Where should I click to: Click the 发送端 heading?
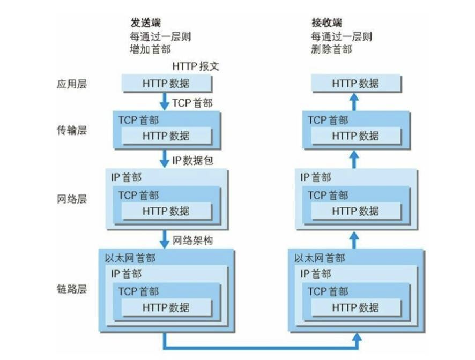pyautogui.click(x=146, y=23)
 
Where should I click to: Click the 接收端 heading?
pyautogui.click(x=326, y=23)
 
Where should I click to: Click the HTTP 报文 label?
pyautogui.click(x=196, y=66)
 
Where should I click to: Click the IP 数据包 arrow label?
pyautogui.click(x=193, y=160)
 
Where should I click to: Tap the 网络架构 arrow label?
pyautogui.click(x=194, y=240)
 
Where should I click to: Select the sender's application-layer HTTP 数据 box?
pyautogui.click(x=166, y=84)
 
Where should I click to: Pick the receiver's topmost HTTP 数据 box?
pyautogui.click(x=355, y=84)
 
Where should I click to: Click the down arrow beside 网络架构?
pyautogui.click(x=165, y=239)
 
